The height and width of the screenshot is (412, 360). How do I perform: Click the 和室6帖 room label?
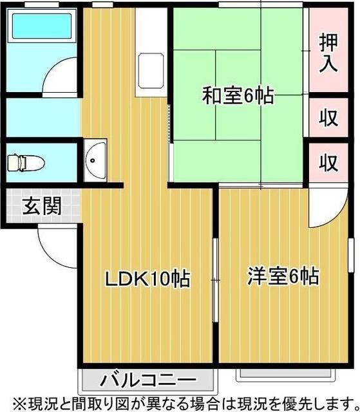click(x=238, y=97)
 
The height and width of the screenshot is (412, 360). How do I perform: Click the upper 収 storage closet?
click(x=328, y=118)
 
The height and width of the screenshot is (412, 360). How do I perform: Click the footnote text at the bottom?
click(x=180, y=403)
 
